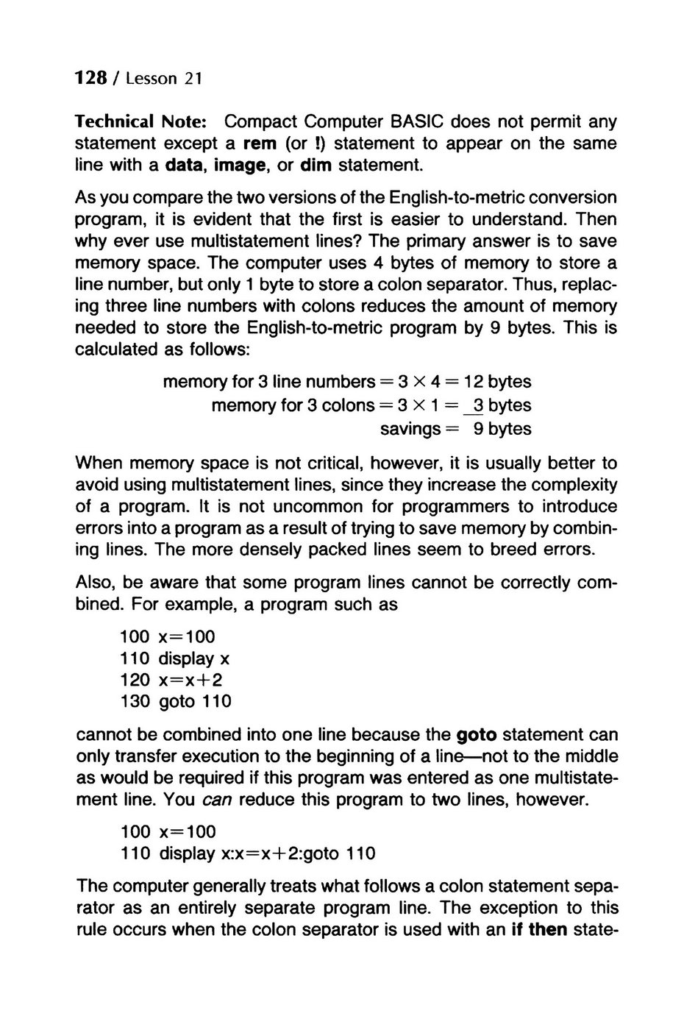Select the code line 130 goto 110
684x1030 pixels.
pyautogui.click(x=176, y=702)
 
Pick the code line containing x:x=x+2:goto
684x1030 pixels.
pyautogui.click(x=248, y=854)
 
